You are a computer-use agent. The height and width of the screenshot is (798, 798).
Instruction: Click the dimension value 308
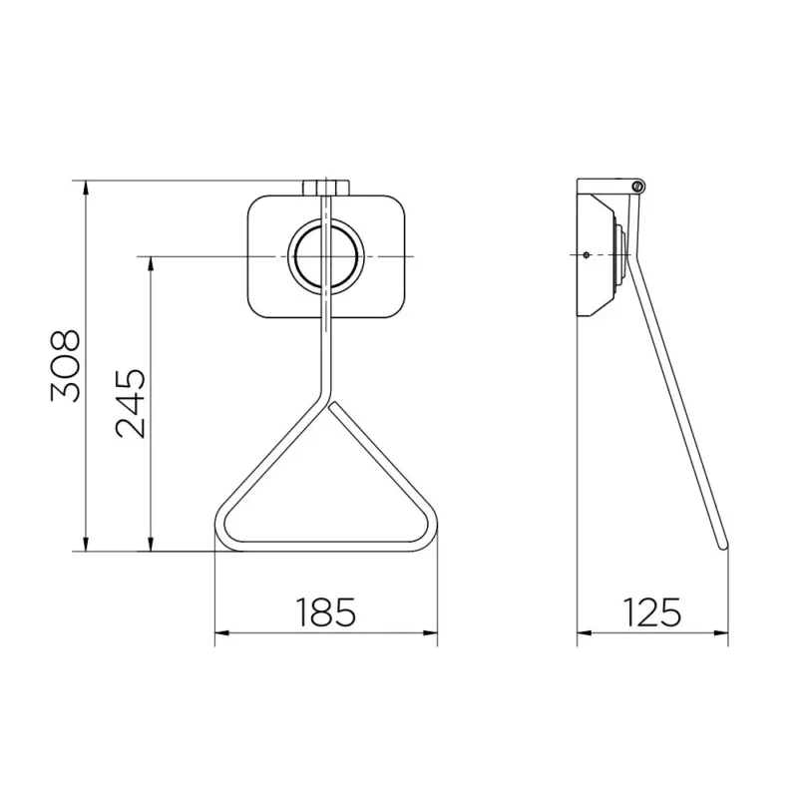point(66,366)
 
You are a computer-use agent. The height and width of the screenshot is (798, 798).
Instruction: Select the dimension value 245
point(131,403)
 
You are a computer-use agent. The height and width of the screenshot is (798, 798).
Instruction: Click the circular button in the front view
point(326,255)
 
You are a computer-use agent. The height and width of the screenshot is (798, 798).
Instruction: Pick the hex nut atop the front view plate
point(326,188)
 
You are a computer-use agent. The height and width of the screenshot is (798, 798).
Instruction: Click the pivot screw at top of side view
point(638,186)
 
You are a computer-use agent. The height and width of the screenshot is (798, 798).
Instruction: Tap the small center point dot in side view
point(587,255)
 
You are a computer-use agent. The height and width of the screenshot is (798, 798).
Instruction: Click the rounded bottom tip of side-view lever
point(722,546)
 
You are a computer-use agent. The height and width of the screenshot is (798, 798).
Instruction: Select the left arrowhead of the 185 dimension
point(221,633)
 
